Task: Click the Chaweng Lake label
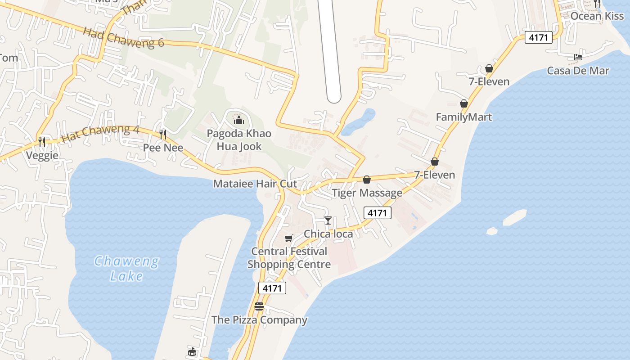tap(126, 269)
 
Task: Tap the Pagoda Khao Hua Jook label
tap(238, 140)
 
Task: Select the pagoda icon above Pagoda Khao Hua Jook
tap(238, 120)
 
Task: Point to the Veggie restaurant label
tap(42, 156)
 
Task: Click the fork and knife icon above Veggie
tap(42, 142)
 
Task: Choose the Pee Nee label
tap(163, 148)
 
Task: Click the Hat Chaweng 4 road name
tap(100, 134)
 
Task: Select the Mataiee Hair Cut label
tap(255, 184)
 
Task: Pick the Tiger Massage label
tap(367, 193)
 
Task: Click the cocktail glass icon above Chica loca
tap(328, 220)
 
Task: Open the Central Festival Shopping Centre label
tap(289, 258)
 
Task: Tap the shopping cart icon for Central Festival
tap(288, 238)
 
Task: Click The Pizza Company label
tap(259, 320)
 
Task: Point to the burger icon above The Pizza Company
tap(259, 307)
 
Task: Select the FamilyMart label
tap(464, 117)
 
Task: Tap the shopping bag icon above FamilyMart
tap(464, 104)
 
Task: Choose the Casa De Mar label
tap(578, 71)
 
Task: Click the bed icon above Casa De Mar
tap(578, 57)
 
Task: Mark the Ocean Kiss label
tap(597, 16)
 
